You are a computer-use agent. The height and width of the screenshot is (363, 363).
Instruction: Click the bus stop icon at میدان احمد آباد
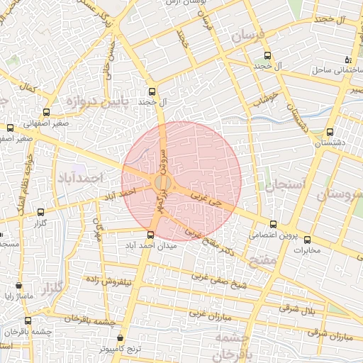pyautogui.click(x=150, y=235)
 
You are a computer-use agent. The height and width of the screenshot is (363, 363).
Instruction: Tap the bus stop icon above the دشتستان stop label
pyautogui.click(x=330, y=132)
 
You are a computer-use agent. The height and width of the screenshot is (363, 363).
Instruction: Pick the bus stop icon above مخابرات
pyautogui.click(x=308, y=239)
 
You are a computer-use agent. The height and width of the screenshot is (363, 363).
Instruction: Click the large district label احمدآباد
pyautogui.click(x=79, y=177)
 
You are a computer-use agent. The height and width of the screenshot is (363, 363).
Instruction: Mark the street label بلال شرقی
pyautogui.click(x=296, y=308)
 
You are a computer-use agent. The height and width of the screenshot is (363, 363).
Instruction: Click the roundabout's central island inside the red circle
pyautogui.click(x=162, y=183)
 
